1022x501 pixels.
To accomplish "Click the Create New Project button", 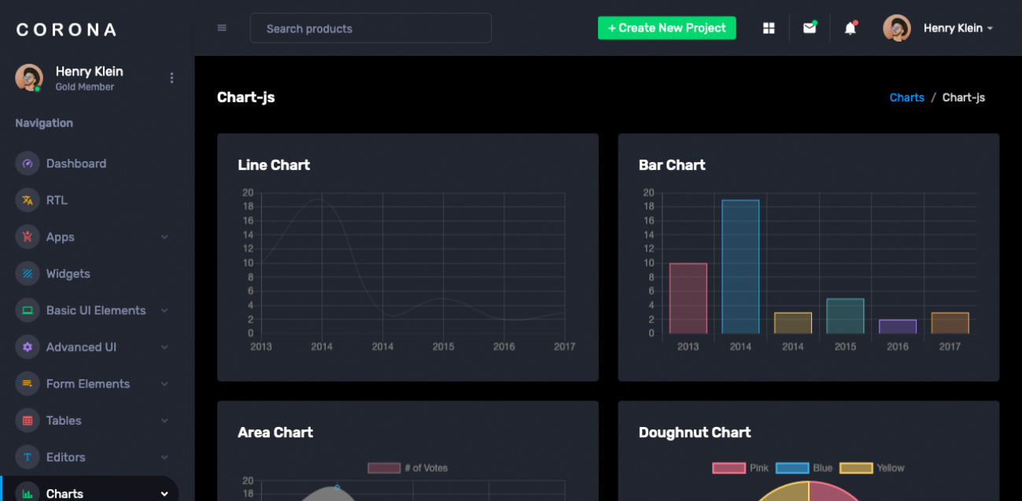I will [x=666, y=28].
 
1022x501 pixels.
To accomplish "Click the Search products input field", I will [x=371, y=28].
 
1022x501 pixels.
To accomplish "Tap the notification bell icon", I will [x=850, y=28].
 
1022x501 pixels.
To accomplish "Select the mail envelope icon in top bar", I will [x=809, y=28].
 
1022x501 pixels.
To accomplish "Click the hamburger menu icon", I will [x=222, y=28].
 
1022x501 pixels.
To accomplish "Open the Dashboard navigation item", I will [x=76, y=164].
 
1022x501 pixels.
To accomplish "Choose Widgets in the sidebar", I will [x=68, y=274].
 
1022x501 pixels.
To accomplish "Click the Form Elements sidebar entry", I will [x=87, y=384].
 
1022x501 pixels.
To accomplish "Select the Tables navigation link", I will [x=63, y=421].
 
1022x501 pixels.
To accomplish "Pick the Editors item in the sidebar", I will [x=65, y=457].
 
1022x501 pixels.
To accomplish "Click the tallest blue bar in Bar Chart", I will [x=740, y=267].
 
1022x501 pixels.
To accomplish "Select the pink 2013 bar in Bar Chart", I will [x=688, y=298].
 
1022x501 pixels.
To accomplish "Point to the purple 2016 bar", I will [x=898, y=326].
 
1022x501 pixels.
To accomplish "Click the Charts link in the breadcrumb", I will [x=906, y=98].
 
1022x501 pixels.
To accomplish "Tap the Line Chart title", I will [x=274, y=165].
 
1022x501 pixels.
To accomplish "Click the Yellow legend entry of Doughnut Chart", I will [x=872, y=468].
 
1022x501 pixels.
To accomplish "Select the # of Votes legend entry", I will [x=408, y=468].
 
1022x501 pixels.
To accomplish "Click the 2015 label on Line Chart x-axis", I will [x=443, y=347].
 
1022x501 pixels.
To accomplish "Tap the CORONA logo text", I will [x=67, y=30].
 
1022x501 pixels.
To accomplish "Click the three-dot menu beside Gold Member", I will [x=172, y=78].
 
